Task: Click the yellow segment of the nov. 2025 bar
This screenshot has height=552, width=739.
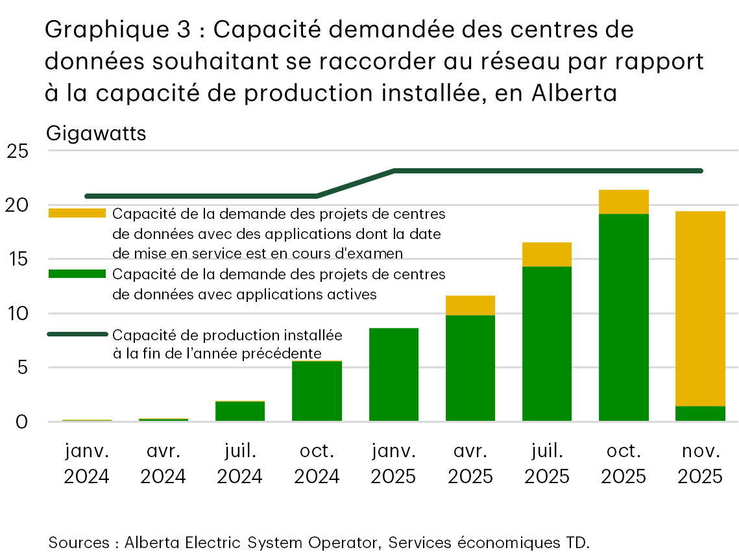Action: (700, 308)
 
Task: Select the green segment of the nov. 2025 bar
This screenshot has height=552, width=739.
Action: (700, 414)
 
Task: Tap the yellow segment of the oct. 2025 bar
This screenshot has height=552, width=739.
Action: (624, 202)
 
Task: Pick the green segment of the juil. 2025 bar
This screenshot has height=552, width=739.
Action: (547, 344)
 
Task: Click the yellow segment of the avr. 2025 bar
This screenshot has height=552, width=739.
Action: (470, 305)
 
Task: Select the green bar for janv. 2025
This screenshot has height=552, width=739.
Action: (394, 375)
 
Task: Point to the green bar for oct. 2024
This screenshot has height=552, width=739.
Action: (317, 391)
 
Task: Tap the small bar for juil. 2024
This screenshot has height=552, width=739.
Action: (240, 412)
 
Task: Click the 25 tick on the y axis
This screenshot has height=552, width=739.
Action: (18, 151)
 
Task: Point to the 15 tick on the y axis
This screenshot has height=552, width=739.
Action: (18, 260)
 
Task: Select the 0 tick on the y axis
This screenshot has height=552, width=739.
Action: (23, 422)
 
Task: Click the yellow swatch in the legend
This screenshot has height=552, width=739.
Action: (77, 213)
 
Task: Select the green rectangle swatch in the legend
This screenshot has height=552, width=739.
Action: (77, 274)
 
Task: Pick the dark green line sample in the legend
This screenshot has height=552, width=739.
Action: (77, 334)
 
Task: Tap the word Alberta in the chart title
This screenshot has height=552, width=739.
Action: (574, 94)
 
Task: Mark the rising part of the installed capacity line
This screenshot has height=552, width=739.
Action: (356, 183)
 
